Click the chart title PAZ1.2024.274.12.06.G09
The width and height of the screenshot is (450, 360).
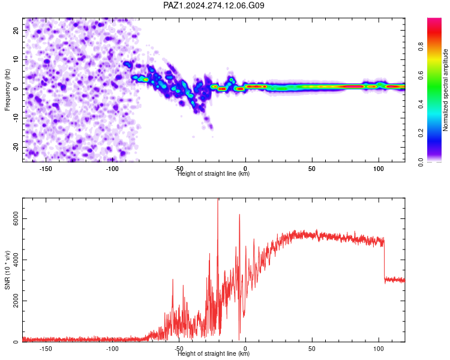click(214, 5)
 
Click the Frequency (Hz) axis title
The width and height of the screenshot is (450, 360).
click(7, 90)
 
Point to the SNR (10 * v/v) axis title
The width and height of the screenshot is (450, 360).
click(7, 270)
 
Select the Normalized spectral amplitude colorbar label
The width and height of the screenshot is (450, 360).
click(445, 90)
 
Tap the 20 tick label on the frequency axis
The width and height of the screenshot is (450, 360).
click(16, 31)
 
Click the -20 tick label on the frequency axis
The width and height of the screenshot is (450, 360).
click(16, 147)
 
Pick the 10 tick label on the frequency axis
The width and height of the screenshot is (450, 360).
click(16, 59)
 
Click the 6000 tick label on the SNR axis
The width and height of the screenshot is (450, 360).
click(16, 219)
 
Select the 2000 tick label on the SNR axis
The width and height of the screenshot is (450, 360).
click(16, 301)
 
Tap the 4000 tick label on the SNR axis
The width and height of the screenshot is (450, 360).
click(16, 260)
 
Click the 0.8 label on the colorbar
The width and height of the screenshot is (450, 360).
click(421, 47)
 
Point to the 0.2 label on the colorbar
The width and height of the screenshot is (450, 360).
click(421, 133)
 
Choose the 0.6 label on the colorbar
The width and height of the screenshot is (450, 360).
click(421, 76)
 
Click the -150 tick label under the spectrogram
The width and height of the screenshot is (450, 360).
click(46, 169)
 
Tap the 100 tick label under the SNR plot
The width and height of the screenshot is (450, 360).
click(379, 349)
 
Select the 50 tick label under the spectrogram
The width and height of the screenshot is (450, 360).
click(312, 169)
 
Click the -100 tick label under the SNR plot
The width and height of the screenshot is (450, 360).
click(112, 349)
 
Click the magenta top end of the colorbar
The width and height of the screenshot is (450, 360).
click(434, 19)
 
